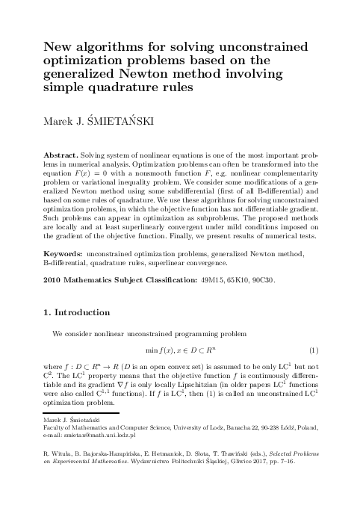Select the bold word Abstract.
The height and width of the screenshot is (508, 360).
click(62, 153)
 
